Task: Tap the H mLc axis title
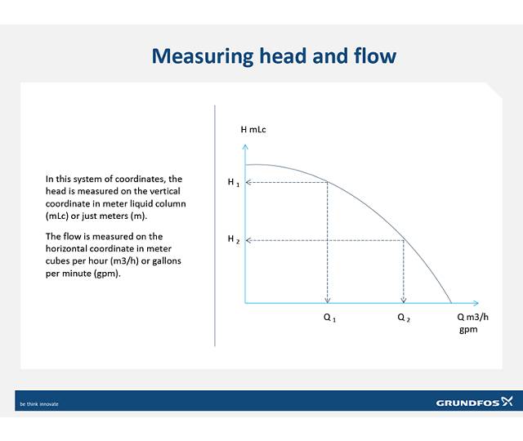coord(253,130)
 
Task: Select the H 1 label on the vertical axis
coord(233,182)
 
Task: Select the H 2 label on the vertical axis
coord(233,239)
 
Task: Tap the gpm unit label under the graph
coord(467,330)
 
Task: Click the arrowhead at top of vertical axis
coord(245,146)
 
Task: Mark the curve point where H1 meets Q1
coord(328,182)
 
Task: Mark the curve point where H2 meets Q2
coord(404,240)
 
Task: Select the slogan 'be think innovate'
coord(39,403)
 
